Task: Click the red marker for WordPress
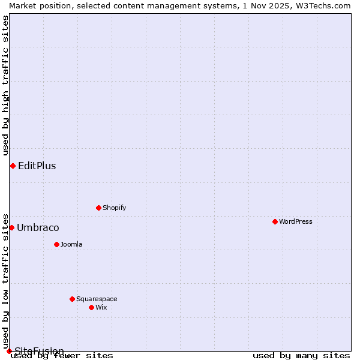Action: [x=275, y=221]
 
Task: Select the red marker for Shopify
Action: [x=98, y=208]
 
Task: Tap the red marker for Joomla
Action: [x=56, y=244]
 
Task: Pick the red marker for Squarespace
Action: [x=72, y=299]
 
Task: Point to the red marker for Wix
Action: [x=91, y=307]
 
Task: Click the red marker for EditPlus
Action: [x=13, y=166]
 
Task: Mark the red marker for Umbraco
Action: [x=11, y=227]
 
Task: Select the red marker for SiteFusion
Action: [x=9, y=351]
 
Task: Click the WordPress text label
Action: [x=296, y=221]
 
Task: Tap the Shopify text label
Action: [x=114, y=208]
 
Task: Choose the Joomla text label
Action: [x=71, y=244]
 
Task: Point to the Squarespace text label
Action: [x=97, y=299]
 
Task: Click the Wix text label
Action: [x=101, y=307]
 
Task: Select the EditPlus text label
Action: [x=37, y=166]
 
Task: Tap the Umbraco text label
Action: [x=38, y=228]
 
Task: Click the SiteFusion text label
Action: [x=39, y=351]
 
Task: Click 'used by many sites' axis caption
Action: [x=301, y=356]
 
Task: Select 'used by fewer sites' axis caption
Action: [x=62, y=356]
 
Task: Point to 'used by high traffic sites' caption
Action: [x=5, y=85]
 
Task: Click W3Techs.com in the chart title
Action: [x=323, y=5]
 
